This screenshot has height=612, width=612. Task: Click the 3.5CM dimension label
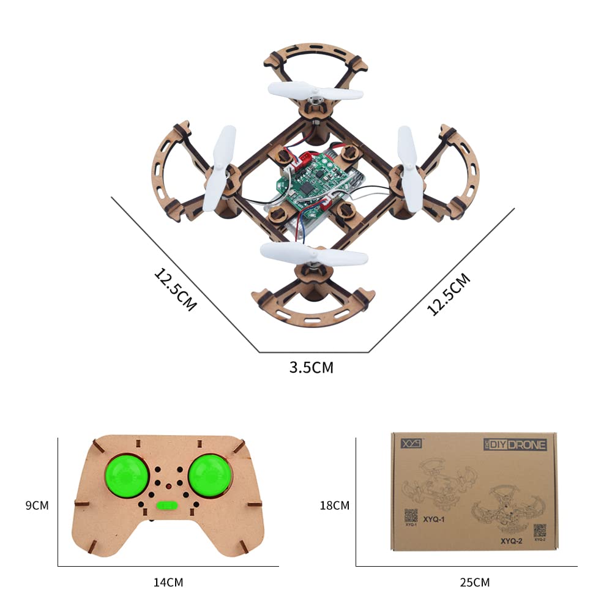click(312, 368)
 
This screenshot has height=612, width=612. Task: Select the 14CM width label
click(168, 582)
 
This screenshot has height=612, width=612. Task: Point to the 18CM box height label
click(334, 506)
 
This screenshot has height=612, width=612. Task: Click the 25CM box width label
click(474, 582)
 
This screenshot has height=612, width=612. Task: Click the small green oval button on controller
click(166, 506)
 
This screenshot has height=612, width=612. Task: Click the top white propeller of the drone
click(315, 93)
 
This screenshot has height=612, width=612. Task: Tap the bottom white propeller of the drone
click(314, 253)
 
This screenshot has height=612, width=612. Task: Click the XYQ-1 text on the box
click(432, 518)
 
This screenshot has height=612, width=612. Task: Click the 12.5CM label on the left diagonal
click(175, 288)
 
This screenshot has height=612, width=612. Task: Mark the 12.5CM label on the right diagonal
click(449, 294)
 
